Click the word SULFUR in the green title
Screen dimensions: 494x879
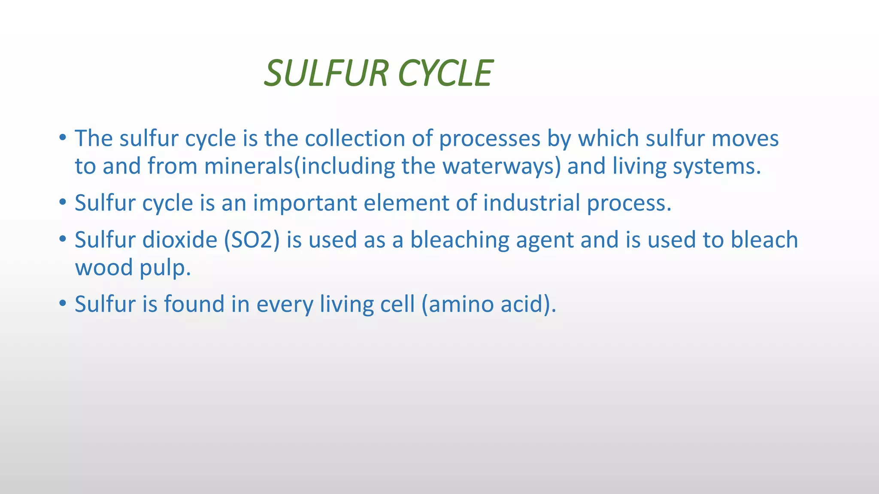click(326, 73)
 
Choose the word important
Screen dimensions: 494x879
click(305, 203)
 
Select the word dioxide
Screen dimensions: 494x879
click(180, 240)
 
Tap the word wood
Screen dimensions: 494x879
click(104, 268)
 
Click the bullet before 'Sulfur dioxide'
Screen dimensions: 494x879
click(63, 238)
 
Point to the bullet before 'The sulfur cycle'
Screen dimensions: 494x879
click(63, 138)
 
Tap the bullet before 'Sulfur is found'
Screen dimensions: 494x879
click(63, 303)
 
